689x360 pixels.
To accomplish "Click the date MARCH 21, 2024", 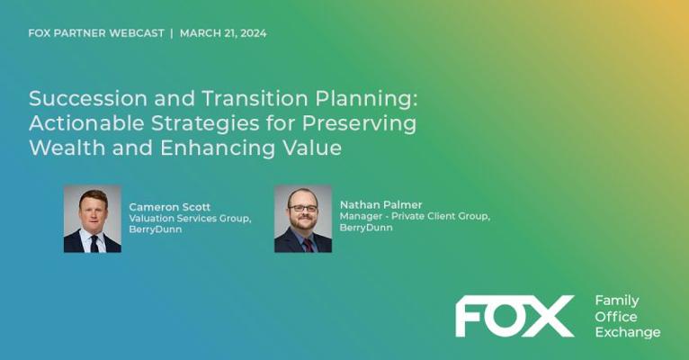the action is click(x=223, y=33).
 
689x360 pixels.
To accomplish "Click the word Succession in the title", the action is click(x=88, y=98).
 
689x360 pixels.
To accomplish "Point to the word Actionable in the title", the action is click(x=86, y=123).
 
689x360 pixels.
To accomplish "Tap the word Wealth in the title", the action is click(x=67, y=148).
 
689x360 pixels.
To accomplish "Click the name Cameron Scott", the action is click(x=170, y=207).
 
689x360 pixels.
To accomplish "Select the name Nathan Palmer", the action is click(x=381, y=205).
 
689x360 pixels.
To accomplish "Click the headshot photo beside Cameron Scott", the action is click(x=93, y=219).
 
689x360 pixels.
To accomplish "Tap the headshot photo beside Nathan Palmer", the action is click(x=303, y=219).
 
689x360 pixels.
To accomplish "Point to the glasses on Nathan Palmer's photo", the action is click(x=303, y=208).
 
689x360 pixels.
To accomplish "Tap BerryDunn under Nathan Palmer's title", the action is click(x=366, y=228).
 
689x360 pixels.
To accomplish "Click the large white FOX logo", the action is click(x=515, y=316).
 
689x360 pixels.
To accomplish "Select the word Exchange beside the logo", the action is click(x=628, y=332).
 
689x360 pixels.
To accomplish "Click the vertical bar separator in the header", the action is click(x=172, y=33).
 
